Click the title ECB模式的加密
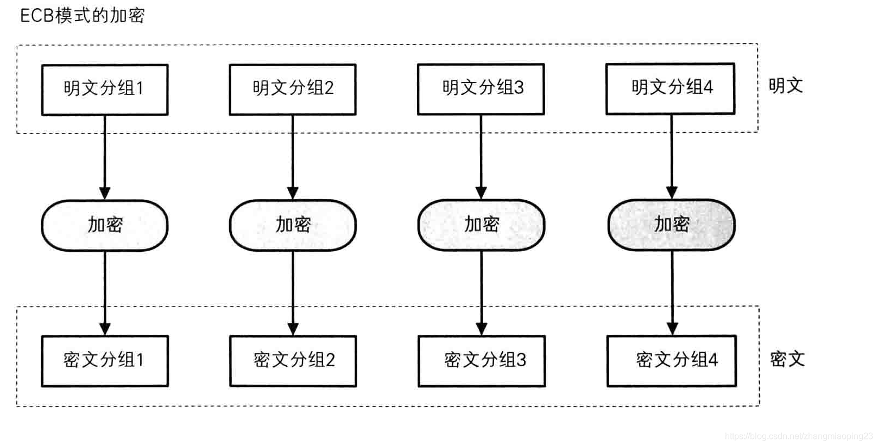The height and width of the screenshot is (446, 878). tap(83, 16)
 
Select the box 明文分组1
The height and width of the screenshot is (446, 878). tap(105, 90)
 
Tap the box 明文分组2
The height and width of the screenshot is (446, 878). tap(293, 90)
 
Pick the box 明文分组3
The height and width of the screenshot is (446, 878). tap(481, 89)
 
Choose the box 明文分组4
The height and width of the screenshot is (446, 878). tap(670, 88)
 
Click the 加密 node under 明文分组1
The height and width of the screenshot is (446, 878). tap(105, 225)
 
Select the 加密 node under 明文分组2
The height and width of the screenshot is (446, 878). tap(293, 225)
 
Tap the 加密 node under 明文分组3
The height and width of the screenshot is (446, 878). tap(481, 225)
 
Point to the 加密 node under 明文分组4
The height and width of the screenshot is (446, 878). tap(672, 225)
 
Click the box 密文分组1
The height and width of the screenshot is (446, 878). tap(105, 361)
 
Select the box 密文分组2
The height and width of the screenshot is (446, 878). tap(293, 361)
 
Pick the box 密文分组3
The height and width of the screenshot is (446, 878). tap(482, 361)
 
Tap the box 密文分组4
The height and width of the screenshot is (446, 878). tap(672, 361)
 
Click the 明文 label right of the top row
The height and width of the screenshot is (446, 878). tap(786, 85)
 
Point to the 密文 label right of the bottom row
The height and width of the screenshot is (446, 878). tap(787, 359)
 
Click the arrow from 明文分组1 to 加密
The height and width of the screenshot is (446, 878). tap(105, 157)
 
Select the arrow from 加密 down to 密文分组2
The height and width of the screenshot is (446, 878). tap(293, 294)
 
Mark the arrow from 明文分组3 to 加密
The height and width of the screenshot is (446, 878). tap(481, 157)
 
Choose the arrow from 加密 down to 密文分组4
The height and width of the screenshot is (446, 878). tap(673, 293)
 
